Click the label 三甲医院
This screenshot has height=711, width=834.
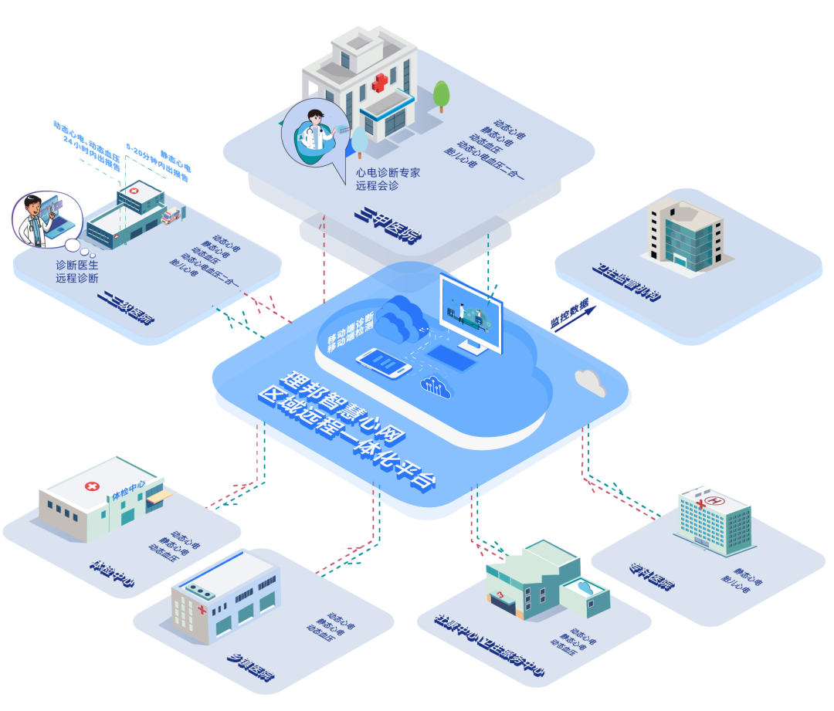coord(384,225)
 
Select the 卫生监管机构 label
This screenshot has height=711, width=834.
coord(625,283)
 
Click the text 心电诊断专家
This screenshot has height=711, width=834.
coord(387,173)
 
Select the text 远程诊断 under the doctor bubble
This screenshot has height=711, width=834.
coord(76,278)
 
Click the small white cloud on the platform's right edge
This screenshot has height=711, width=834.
coord(591,381)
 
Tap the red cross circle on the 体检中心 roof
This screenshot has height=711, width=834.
coord(92,486)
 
